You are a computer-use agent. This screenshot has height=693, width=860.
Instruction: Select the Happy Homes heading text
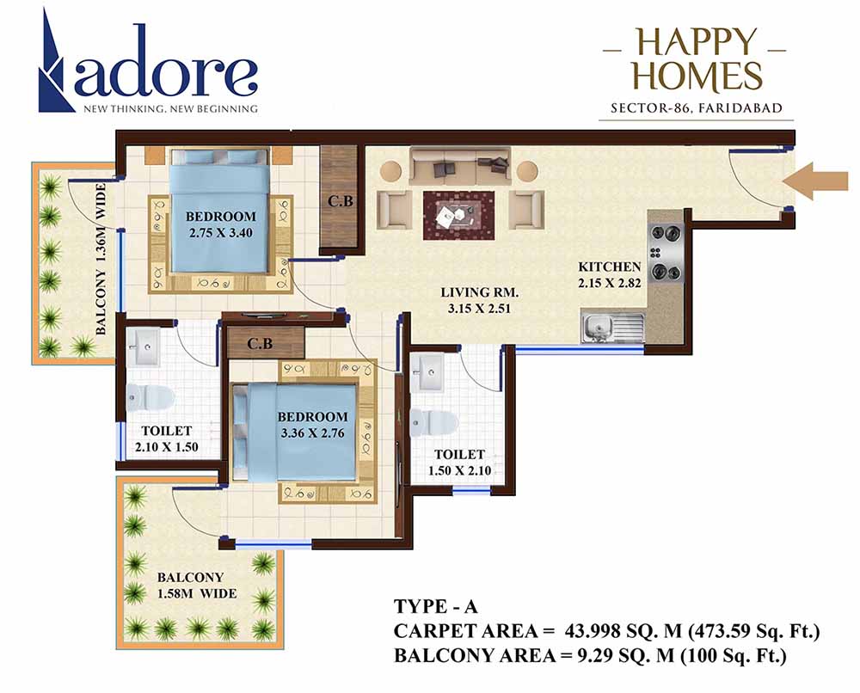tap(697, 59)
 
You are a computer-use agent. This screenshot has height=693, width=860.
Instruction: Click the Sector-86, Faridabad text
tap(697, 108)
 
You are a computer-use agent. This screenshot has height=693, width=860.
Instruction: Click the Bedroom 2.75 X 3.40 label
tap(221, 224)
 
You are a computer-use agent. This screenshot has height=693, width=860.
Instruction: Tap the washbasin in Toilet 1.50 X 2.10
tap(431, 371)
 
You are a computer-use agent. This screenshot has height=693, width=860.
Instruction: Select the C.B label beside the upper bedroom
tap(338, 203)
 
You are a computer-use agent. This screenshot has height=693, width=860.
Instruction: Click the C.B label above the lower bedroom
tap(261, 343)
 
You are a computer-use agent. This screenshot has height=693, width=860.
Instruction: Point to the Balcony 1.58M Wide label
tap(191, 585)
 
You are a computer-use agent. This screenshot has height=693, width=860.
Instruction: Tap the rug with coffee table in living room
tap(458, 214)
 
